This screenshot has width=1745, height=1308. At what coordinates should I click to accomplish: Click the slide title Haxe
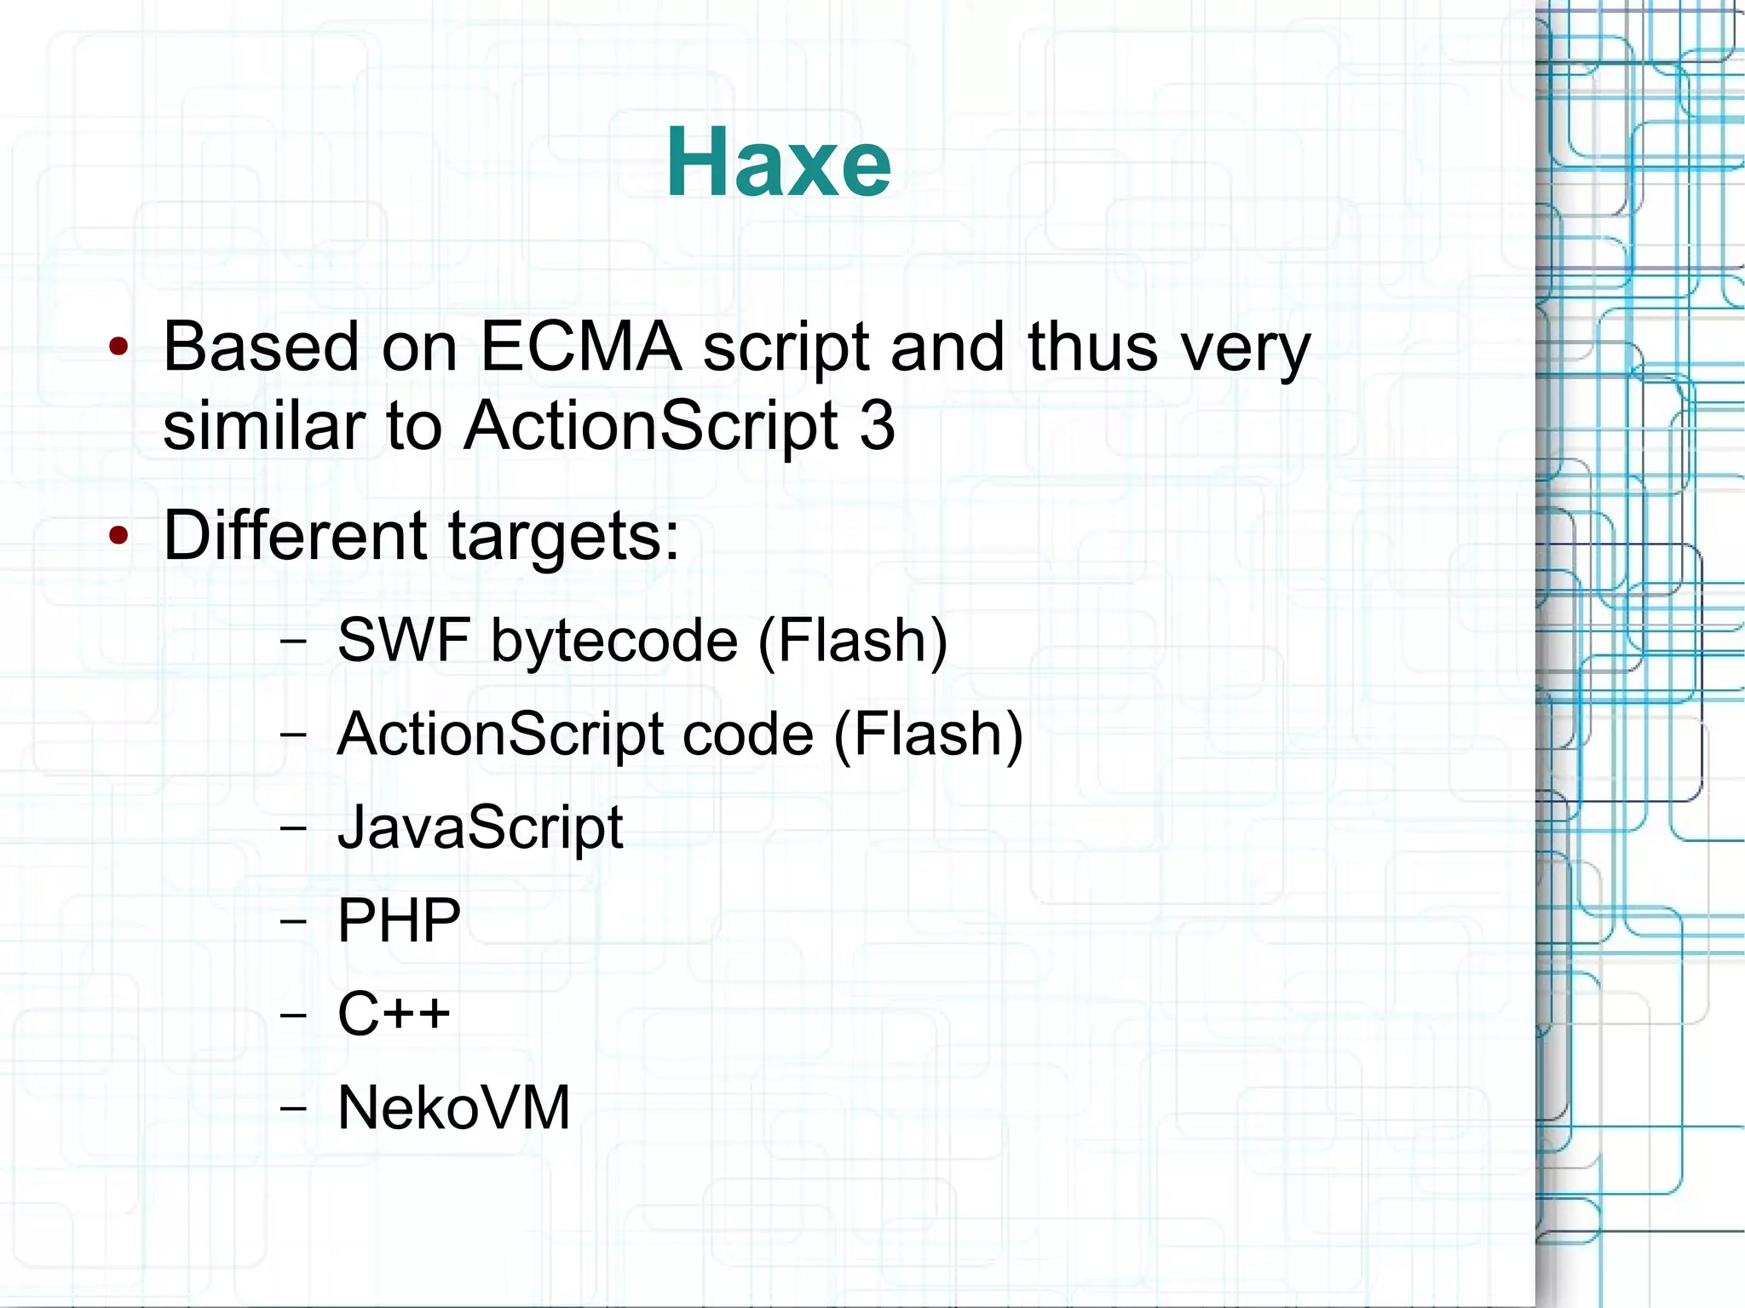[778, 162]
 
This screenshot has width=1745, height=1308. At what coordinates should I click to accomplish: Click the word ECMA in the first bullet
[580, 347]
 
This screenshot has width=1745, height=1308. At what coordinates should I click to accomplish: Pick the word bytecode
[613, 642]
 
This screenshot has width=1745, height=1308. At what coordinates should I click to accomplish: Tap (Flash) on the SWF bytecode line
[852, 642]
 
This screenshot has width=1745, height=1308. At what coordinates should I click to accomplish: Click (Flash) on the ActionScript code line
[928, 735]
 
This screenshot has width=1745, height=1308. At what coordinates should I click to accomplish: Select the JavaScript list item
[481, 828]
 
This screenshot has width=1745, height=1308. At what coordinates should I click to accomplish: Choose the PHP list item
[399, 921]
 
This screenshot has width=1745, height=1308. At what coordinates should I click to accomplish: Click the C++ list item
[394, 1014]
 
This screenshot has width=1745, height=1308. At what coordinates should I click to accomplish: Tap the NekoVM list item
[453, 1108]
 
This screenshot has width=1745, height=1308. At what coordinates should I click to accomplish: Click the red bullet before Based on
[118, 347]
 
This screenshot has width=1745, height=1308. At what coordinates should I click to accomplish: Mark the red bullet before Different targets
[118, 536]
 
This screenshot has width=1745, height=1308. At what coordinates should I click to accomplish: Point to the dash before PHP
[292, 921]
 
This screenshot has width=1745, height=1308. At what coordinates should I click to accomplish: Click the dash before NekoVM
[292, 1108]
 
